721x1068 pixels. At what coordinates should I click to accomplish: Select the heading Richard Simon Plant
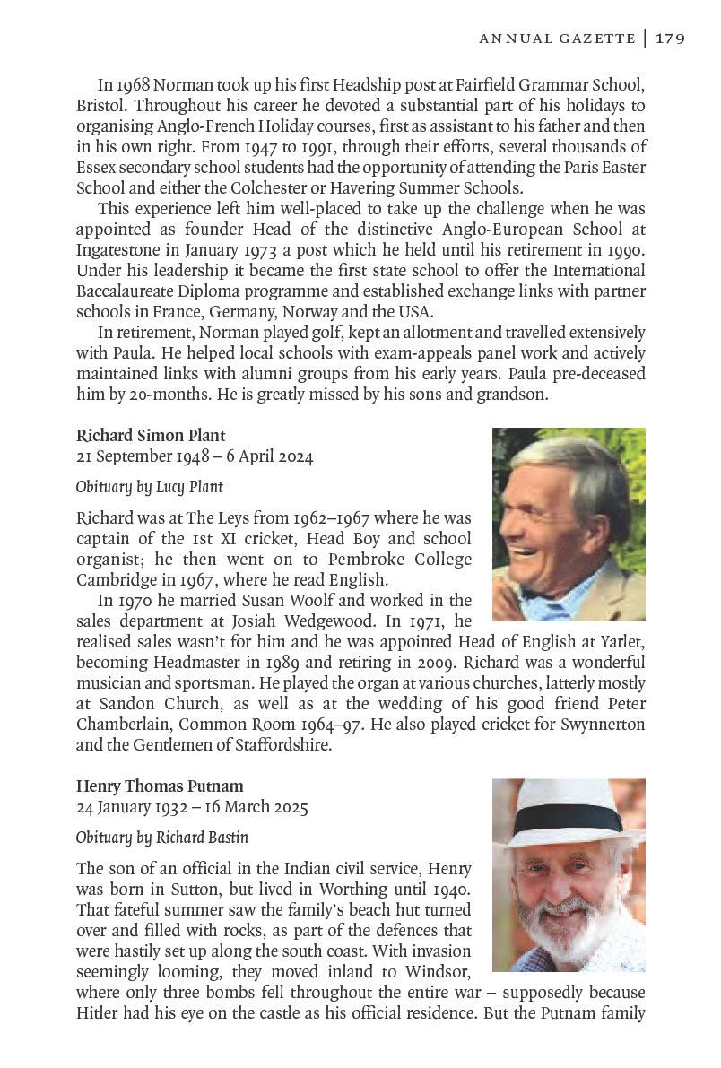(x=150, y=436)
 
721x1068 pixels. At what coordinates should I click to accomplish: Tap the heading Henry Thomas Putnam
(x=160, y=786)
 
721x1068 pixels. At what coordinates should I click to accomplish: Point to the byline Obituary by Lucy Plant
(x=150, y=487)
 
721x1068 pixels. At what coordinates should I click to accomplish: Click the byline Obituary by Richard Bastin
(x=162, y=838)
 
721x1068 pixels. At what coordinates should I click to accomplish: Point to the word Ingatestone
(x=121, y=250)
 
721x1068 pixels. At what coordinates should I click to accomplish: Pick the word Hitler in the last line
(x=99, y=1013)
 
